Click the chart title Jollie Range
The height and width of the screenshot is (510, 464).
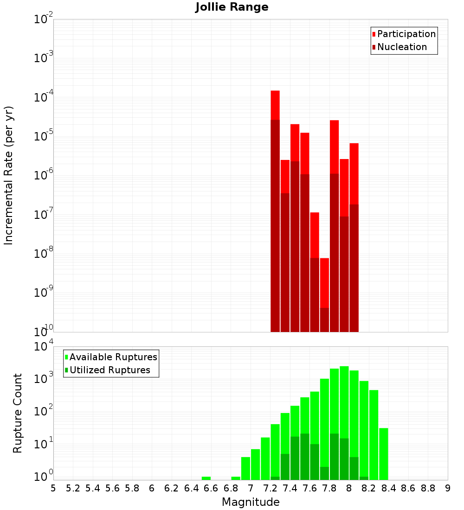(232, 7)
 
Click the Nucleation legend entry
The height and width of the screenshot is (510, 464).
(401, 47)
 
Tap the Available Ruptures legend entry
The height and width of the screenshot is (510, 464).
(113, 357)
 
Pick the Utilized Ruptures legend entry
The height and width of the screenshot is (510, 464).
(110, 370)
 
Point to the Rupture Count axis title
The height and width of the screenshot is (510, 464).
(18, 413)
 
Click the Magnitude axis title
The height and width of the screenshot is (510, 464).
(251, 502)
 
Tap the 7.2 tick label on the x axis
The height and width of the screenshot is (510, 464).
(270, 488)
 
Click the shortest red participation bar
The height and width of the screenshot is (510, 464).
(324, 283)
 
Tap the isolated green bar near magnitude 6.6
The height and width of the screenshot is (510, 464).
(206, 478)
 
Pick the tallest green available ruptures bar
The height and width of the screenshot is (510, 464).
(344, 422)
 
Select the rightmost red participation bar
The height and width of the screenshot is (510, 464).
(354, 174)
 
